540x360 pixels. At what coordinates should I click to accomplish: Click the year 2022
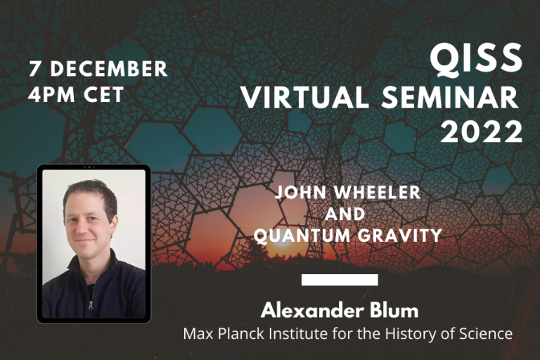482,131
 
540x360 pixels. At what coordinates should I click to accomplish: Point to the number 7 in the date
34,69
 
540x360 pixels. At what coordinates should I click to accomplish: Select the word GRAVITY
398,236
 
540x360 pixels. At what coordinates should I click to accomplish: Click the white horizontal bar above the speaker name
340,280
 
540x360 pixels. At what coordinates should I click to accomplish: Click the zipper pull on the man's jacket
89,304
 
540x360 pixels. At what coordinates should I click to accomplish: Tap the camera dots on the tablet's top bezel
89,167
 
